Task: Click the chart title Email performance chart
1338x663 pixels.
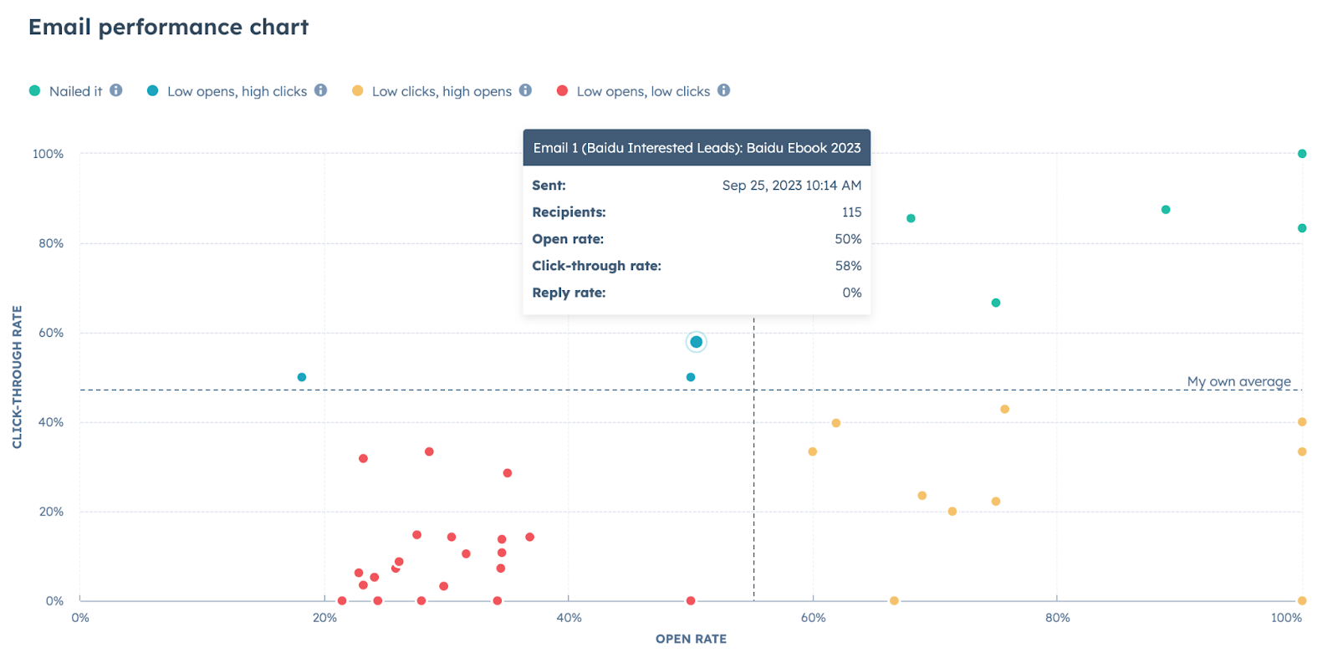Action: click(169, 28)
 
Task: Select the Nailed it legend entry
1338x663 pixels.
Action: click(75, 91)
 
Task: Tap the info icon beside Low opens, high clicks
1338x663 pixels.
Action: click(321, 90)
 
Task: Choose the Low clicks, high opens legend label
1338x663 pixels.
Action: click(442, 91)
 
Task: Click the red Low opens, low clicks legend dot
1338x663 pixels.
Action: click(563, 90)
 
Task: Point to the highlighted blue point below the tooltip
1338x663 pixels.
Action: click(696, 342)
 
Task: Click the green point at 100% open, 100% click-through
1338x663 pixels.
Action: click(1302, 154)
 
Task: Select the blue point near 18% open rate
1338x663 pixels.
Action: click(302, 377)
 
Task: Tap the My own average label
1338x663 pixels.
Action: click(1238, 381)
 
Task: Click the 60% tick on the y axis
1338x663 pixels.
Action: click(51, 333)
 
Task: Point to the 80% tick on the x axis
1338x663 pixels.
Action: click(1057, 618)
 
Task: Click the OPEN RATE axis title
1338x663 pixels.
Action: click(691, 639)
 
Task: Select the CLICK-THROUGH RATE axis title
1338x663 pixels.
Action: click(18, 377)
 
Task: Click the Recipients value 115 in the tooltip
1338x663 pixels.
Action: click(851, 212)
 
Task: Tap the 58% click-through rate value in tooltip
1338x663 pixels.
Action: click(848, 266)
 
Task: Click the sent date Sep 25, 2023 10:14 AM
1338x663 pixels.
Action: click(791, 186)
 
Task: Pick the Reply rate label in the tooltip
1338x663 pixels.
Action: click(569, 293)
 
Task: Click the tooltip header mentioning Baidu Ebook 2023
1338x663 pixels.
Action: click(697, 148)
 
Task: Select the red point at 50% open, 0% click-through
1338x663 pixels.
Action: click(691, 601)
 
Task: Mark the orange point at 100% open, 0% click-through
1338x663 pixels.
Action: click(1302, 601)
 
